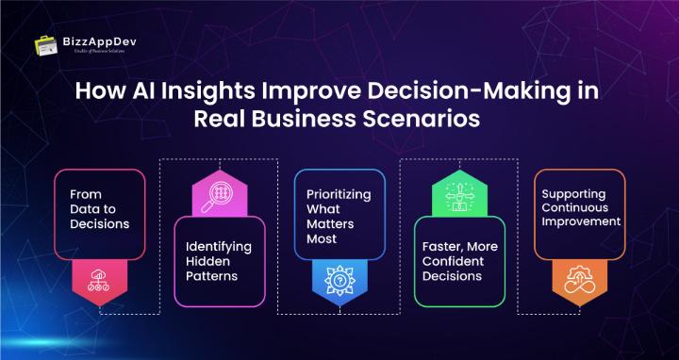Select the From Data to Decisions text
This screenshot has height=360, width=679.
pos(99,213)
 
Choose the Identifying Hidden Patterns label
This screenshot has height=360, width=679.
pos(219,263)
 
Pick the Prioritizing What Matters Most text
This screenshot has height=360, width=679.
pos(339,216)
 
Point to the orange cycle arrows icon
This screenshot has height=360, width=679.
pos(579,282)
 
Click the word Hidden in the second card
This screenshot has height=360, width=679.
pos(205,263)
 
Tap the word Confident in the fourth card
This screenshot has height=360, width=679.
pos(453,261)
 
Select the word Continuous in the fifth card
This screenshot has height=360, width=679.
pos(575,207)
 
